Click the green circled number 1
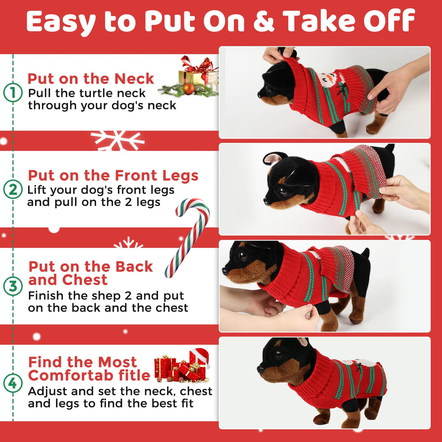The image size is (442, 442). coord(13,93)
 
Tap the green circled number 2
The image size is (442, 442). coord(13,190)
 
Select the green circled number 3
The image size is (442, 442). coord(13,287)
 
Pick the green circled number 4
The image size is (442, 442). coord(13,383)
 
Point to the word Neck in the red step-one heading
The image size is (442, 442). coord(134,79)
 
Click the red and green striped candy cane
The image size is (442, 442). coord(187,238)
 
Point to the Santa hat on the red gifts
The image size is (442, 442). coord(200,357)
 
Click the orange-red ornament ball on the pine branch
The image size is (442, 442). coord(189,89)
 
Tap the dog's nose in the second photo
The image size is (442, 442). coord(267,201)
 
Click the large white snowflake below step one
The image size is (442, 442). coord(117,140)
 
